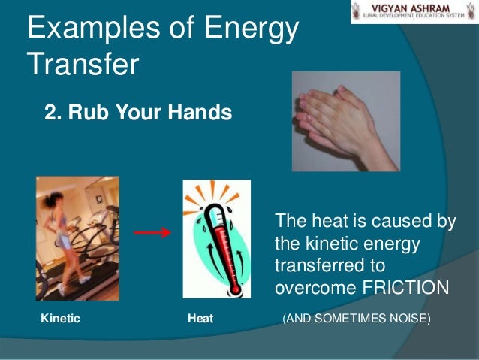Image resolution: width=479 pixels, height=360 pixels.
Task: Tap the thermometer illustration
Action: click(x=224, y=238)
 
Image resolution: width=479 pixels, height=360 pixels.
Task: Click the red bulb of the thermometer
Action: click(x=236, y=286)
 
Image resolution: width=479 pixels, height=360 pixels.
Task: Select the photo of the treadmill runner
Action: click(x=77, y=238)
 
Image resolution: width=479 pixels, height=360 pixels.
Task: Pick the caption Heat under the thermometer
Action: click(x=200, y=319)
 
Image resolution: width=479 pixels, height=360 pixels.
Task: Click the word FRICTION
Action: click(x=405, y=289)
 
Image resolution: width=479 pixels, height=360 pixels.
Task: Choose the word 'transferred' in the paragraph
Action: click(x=313, y=266)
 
